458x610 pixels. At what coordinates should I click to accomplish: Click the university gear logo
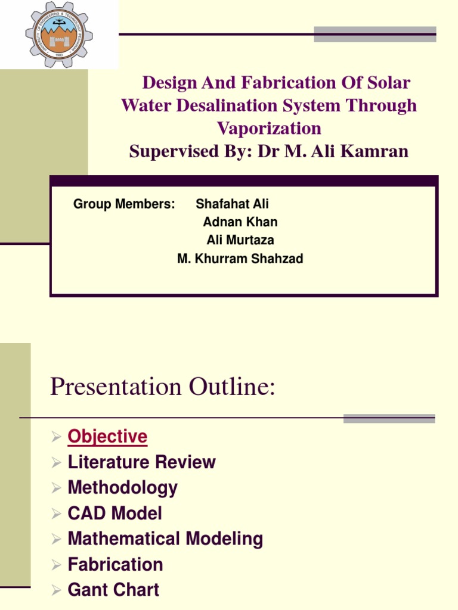tap(59, 34)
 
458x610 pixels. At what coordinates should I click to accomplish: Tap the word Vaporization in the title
tap(269, 128)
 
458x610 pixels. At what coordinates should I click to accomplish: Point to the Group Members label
tap(124, 204)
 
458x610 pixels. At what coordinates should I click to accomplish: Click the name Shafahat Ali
tap(232, 204)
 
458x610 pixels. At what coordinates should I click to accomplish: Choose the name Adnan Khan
tap(240, 222)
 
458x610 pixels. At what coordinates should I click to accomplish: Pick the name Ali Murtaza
tap(240, 240)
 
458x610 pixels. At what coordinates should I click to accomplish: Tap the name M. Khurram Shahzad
tap(240, 259)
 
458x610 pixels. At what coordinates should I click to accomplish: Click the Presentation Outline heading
tap(163, 387)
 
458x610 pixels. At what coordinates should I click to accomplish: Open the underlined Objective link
tap(107, 437)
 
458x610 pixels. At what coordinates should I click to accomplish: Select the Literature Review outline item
tap(141, 462)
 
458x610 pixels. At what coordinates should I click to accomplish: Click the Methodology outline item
tap(122, 488)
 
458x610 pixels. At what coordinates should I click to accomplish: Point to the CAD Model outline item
tap(114, 513)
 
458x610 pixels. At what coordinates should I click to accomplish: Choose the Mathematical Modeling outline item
tap(165, 539)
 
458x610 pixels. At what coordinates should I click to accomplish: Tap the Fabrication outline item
tap(115, 565)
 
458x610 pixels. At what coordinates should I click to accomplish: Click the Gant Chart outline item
tap(113, 590)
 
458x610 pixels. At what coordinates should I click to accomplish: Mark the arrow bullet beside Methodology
tap(56, 488)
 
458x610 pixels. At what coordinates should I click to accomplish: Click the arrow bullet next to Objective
tap(56, 437)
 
